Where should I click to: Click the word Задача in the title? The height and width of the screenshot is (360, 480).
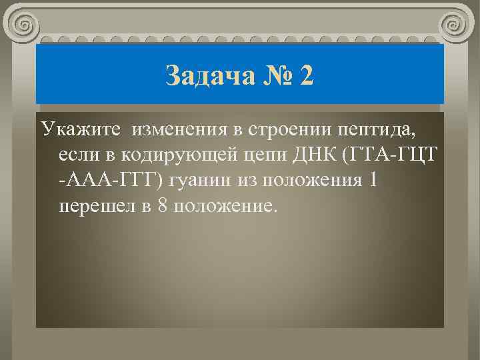pos(208,75)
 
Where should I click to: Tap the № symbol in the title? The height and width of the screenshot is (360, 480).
pos(273,75)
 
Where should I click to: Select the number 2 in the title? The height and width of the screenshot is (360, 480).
pos(306,75)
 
